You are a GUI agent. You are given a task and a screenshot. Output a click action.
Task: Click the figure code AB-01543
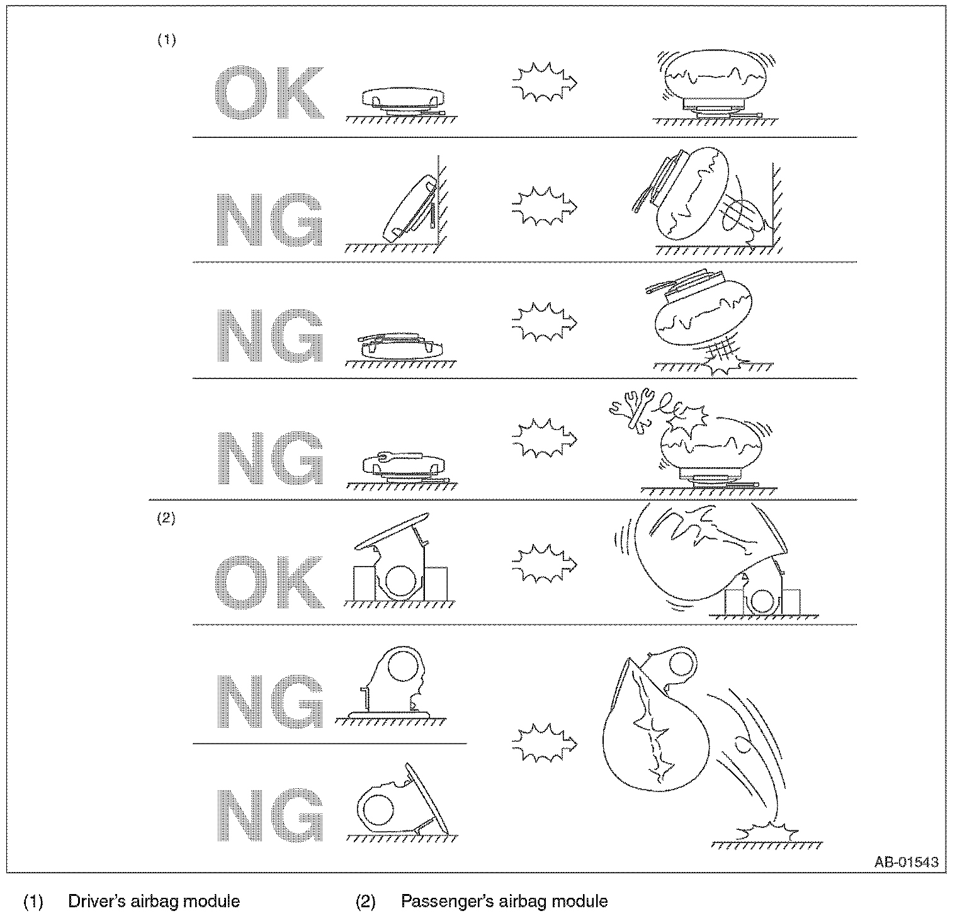907,861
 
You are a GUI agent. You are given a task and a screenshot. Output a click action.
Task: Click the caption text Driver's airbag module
154,901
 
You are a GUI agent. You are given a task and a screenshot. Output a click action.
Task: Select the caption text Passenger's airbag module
504,901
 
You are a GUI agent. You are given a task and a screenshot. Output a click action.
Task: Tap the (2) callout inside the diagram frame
166,519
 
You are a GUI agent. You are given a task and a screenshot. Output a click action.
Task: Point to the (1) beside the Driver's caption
33,902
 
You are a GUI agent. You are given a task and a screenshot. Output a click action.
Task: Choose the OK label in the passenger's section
270,582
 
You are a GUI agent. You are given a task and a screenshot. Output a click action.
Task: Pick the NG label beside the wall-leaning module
270,218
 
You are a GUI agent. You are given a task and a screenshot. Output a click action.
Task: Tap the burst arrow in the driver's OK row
545,82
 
